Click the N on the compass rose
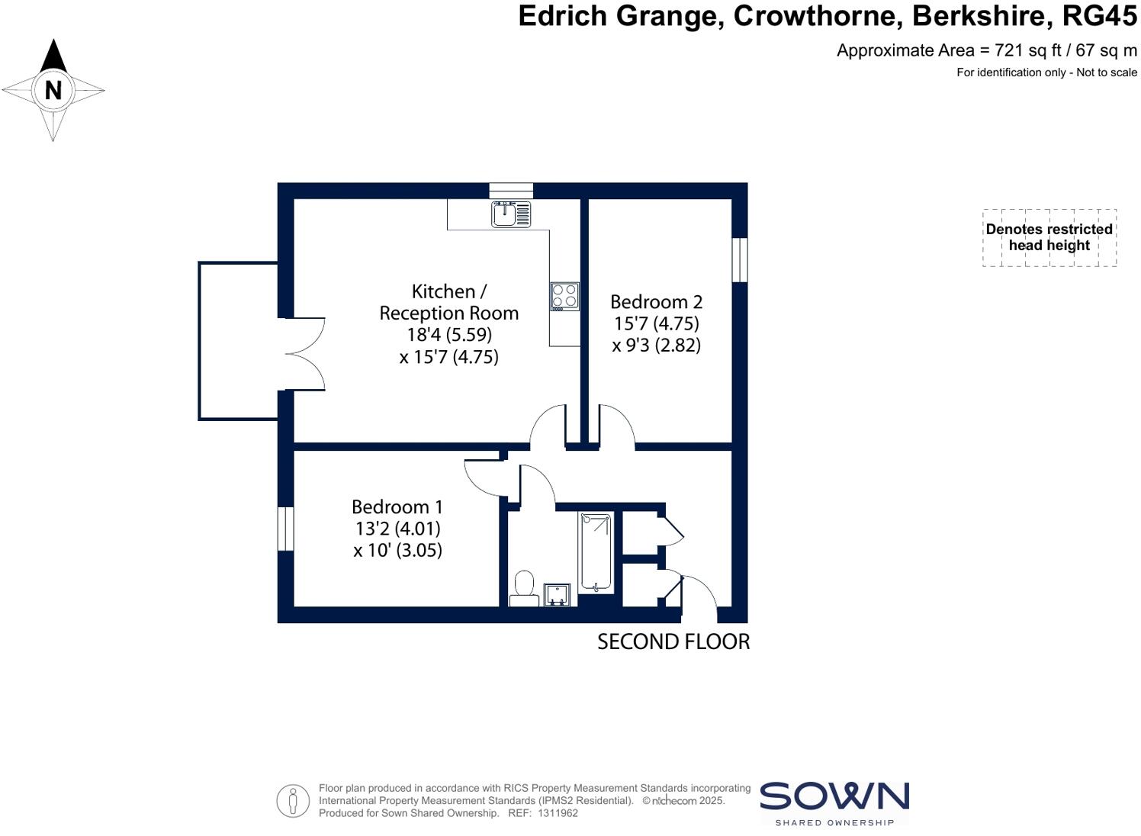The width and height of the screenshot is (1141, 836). click(53, 90)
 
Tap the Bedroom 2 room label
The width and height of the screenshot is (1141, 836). click(656, 302)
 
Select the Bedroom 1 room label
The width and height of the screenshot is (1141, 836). click(397, 507)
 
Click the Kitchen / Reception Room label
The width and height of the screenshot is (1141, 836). click(448, 302)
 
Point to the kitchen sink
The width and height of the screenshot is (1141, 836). click(511, 214)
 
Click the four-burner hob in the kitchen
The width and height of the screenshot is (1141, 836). click(565, 296)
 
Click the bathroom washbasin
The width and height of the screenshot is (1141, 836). click(556, 594)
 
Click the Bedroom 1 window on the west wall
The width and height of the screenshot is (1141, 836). click(285, 528)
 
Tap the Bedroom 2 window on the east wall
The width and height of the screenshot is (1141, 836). click(739, 260)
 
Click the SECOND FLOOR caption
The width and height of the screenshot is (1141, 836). click(673, 642)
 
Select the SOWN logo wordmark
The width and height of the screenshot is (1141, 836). click(834, 796)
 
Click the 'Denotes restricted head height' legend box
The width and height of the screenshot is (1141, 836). click(1049, 237)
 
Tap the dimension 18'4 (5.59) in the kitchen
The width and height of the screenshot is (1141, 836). click(448, 335)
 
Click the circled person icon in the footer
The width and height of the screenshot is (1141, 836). click(293, 801)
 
